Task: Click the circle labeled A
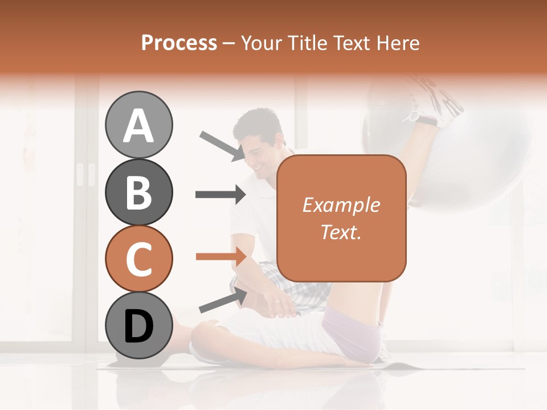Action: (x=138, y=125)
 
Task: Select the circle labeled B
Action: (x=138, y=192)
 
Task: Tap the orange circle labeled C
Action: (x=138, y=259)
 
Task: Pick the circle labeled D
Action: (x=138, y=325)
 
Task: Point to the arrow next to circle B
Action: (x=220, y=195)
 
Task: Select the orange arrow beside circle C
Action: (x=220, y=257)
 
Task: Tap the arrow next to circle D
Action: (x=222, y=300)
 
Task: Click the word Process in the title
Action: (x=179, y=43)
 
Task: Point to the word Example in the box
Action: (x=341, y=205)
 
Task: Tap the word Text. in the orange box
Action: (x=341, y=232)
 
